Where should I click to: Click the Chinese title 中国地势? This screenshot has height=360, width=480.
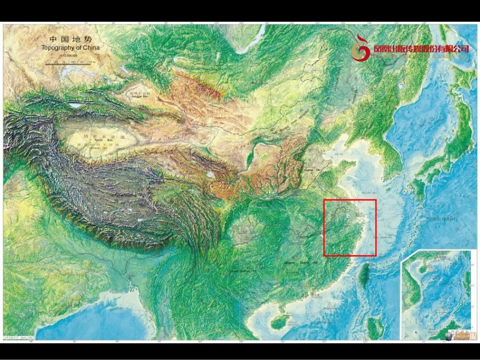point(71,39)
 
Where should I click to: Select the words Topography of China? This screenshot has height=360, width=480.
point(71,48)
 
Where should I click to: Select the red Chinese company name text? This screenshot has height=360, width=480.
point(421,49)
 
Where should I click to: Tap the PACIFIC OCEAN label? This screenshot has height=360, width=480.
point(441,219)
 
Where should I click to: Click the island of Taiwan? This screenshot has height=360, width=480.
point(364,275)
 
